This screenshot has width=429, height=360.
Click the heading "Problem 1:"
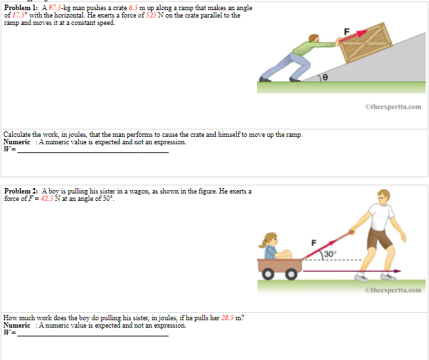coord(20,7)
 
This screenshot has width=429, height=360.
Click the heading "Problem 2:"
coord(20,191)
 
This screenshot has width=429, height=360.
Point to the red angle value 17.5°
coord(19,15)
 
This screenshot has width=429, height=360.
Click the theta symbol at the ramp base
coord(325,78)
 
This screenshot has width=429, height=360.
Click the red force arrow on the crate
coord(357,35)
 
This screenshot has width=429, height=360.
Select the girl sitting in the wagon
coord(273,245)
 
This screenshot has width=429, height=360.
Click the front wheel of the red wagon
coord(292,274)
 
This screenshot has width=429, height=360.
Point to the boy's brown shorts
coord(378,238)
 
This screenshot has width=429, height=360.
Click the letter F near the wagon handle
coord(314,241)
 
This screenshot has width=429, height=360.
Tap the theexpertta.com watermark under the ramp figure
coord(393,107)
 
